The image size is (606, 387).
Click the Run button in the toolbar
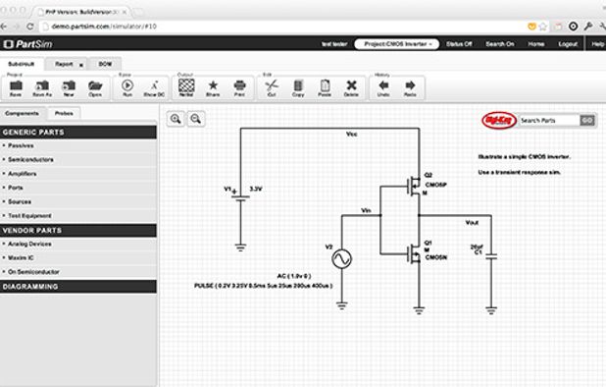click(127, 88)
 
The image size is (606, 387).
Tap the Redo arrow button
click(410, 88)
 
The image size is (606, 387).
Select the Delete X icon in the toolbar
click(351, 88)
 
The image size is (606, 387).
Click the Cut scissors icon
click(271, 88)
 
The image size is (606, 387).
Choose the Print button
click(238, 88)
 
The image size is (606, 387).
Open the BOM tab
click(105, 63)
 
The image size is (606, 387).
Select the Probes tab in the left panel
click(65, 114)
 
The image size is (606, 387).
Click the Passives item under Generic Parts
click(21, 145)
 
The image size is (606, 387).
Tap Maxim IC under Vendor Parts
click(22, 257)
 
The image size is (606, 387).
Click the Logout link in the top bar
click(567, 44)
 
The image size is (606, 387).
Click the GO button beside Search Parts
click(586, 120)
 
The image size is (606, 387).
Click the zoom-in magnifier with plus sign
click(175, 119)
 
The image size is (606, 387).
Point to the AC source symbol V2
click(343, 258)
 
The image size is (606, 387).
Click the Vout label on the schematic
click(472, 222)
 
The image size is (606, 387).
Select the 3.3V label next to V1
click(256, 188)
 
